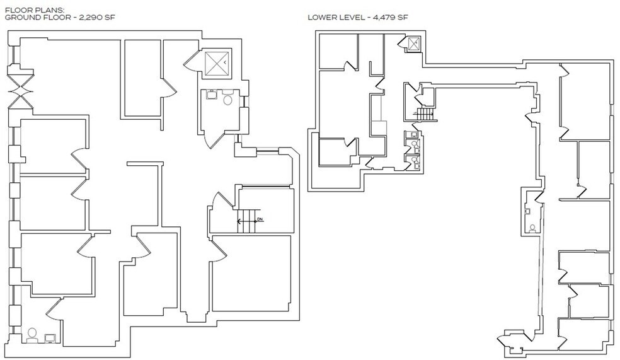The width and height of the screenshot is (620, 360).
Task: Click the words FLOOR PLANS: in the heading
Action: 28,9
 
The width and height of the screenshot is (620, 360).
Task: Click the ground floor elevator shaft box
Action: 219,65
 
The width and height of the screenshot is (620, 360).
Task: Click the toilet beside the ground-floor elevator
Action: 228,99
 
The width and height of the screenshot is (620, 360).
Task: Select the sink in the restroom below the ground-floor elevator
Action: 210,96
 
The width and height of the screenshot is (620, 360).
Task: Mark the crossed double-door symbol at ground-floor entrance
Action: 17,90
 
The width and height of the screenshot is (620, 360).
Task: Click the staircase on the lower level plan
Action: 426,114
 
